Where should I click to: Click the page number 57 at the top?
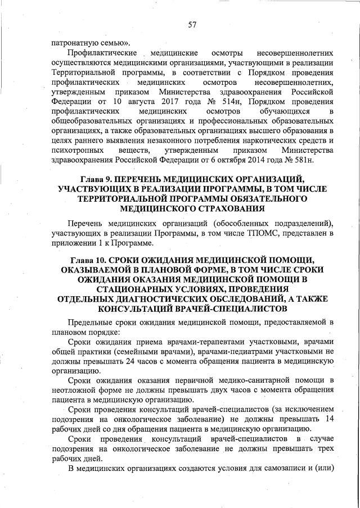(192, 24)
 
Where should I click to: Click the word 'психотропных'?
(76, 151)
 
